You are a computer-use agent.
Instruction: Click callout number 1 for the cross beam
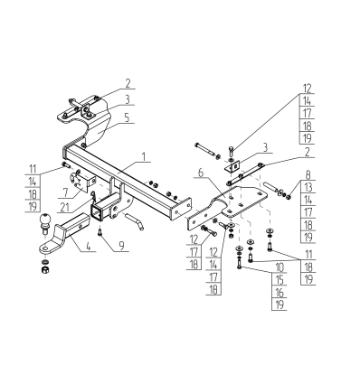pyautogui.click(x=144, y=157)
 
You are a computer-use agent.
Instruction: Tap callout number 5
pyautogui.click(x=127, y=117)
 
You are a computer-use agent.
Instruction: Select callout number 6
pyautogui.click(x=201, y=173)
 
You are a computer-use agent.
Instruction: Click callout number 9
pyautogui.click(x=121, y=246)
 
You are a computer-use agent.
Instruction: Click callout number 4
pyautogui.click(x=88, y=246)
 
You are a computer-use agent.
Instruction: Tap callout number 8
pyautogui.click(x=308, y=174)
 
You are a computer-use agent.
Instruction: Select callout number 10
pyautogui.click(x=279, y=267)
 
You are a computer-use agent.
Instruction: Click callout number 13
pyautogui.click(x=308, y=187)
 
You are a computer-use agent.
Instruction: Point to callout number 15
pyautogui.click(x=279, y=280)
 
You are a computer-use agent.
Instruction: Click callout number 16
pyautogui.click(x=279, y=293)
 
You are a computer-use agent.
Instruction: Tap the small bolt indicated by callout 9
pyautogui.click(x=100, y=232)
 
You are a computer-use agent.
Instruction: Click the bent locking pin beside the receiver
pyautogui.click(x=135, y=220)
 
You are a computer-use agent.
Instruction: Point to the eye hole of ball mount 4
pyautogui.click(x=45, y=248)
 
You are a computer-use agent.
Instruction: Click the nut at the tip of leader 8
pyautogui.click(x=289, y=197)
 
